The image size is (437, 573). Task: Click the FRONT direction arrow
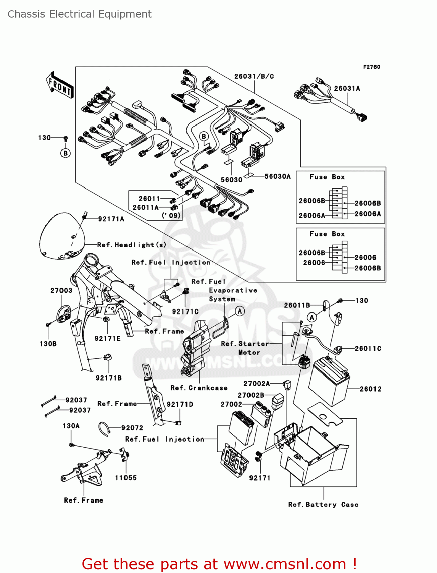[x=60, y=85]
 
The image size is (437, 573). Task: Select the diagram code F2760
[x=371, y=67]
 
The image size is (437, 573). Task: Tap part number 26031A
[x=347, y=89]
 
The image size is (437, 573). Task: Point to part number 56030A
[x=277, y=176]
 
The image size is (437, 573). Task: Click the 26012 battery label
[x=370, y=389]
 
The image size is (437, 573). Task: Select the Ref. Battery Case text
[x=323, y=505]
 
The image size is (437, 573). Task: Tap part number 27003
[x=61, y=291]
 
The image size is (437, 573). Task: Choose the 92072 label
[x=132, y=428]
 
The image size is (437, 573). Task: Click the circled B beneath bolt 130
[x=66, y=153]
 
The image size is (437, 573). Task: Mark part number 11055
[x=126, y=478]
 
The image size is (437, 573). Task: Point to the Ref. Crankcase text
[x=199, y=388]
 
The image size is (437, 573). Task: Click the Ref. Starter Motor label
[x=245, y=348]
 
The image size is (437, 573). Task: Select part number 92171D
[x=180, y=405]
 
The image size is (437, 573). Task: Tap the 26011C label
[x=368, y=348]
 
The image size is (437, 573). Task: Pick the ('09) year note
[x=171, y=215]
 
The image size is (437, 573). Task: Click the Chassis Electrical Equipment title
[x=79, y=14]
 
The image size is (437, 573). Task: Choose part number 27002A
[x=256, y=384]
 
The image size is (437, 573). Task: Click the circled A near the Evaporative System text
[x=240, y=311]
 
